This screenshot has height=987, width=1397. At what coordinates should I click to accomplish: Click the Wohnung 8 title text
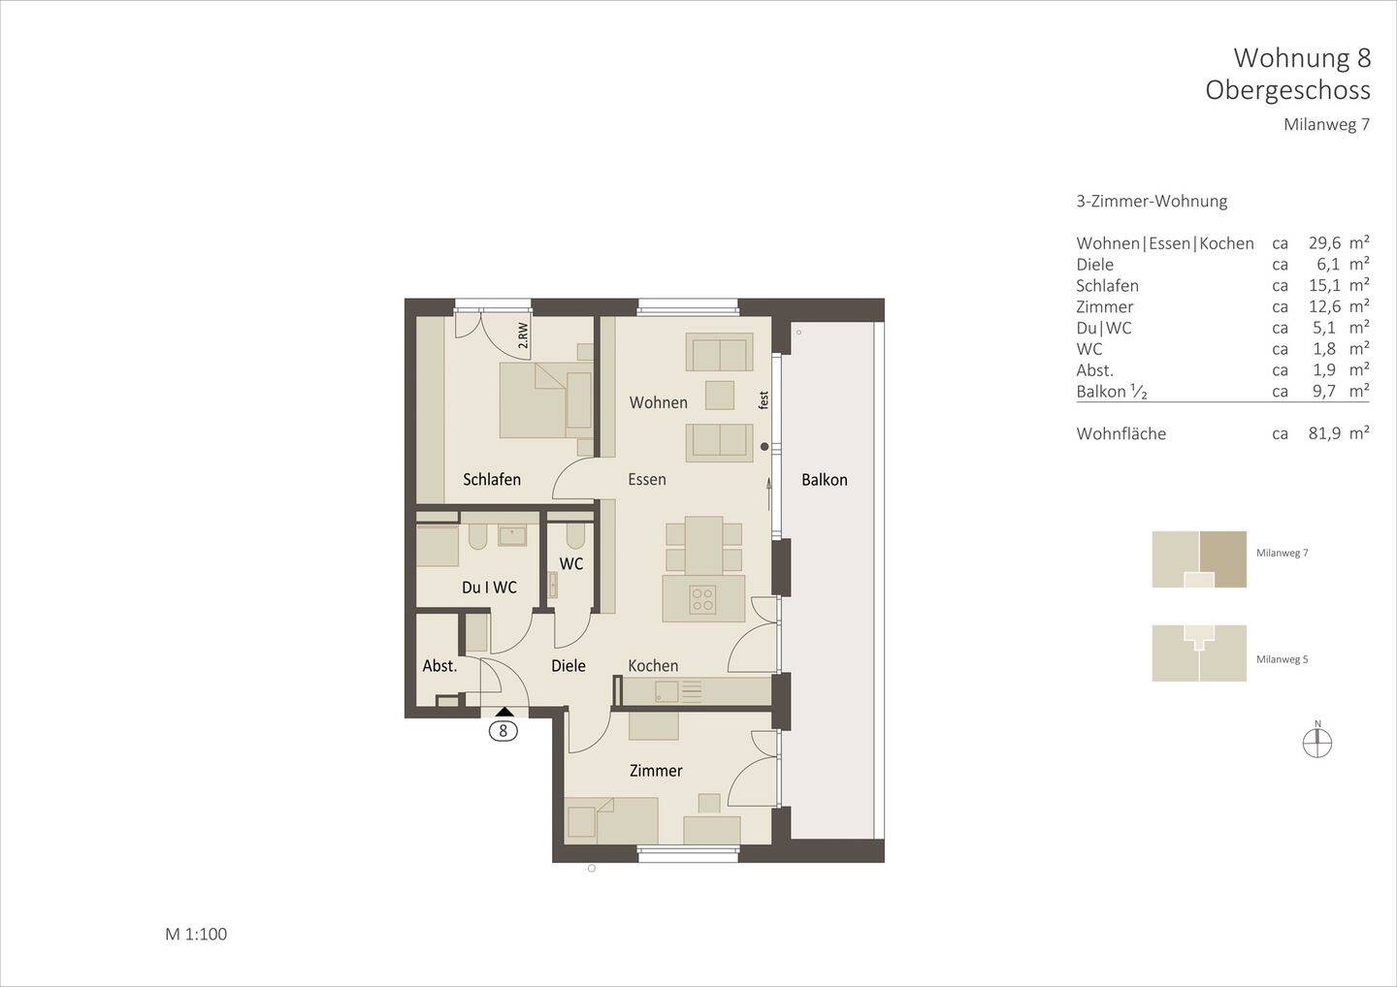point(1301,58)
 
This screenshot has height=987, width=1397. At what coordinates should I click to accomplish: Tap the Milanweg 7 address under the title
point(1326,125)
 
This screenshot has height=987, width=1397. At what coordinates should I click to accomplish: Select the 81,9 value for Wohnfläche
point(1324,433)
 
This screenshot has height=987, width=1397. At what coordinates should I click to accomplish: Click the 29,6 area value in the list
point(1324,243)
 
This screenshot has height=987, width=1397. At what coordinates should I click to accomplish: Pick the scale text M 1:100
point(196,935)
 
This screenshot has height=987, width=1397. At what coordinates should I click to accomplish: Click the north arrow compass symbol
point(1317,743)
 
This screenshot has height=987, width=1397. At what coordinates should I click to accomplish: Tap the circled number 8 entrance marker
point(503,731)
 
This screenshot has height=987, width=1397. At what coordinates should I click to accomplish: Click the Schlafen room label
point(492,479)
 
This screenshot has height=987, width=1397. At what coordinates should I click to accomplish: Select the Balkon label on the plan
point(824,479)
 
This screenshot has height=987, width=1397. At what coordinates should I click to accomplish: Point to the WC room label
point(571,563)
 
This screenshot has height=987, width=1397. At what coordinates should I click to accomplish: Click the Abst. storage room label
point(439,666)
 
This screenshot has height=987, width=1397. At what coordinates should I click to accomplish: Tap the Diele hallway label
point(569,666)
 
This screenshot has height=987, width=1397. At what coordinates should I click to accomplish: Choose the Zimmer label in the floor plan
point(656,771)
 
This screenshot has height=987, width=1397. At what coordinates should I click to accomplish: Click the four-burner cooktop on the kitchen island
point(703,599)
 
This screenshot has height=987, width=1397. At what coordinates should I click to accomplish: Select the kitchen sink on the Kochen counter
point(666,691)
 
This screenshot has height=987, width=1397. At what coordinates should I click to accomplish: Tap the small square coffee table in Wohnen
point(720,396)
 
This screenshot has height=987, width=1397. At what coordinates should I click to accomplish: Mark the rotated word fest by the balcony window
point(763,398)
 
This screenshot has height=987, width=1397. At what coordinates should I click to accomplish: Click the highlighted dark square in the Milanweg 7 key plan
point(1222,558)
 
